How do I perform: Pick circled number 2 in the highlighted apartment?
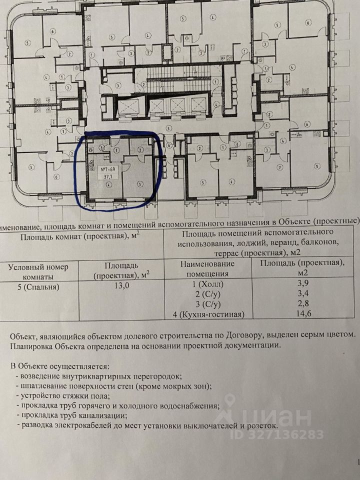pos(140,149)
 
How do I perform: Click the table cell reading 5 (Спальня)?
pos(37,286)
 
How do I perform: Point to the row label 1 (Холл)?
pos(212,285)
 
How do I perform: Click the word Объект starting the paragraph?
pos(27,334)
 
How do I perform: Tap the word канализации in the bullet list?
pos(100,415)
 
